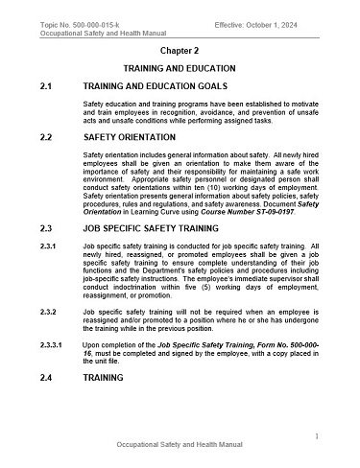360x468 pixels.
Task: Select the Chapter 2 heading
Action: [179, 47]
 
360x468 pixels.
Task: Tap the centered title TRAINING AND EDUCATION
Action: [179, 69]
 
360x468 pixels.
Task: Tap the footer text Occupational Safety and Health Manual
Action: [180, 447]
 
